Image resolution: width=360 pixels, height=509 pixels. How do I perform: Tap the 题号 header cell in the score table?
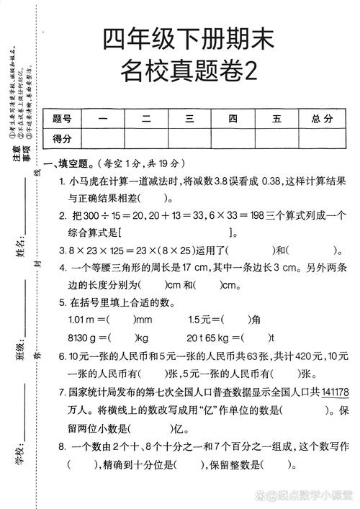tap(62, 119)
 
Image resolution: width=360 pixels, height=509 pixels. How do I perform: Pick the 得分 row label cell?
tap(62, 138)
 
